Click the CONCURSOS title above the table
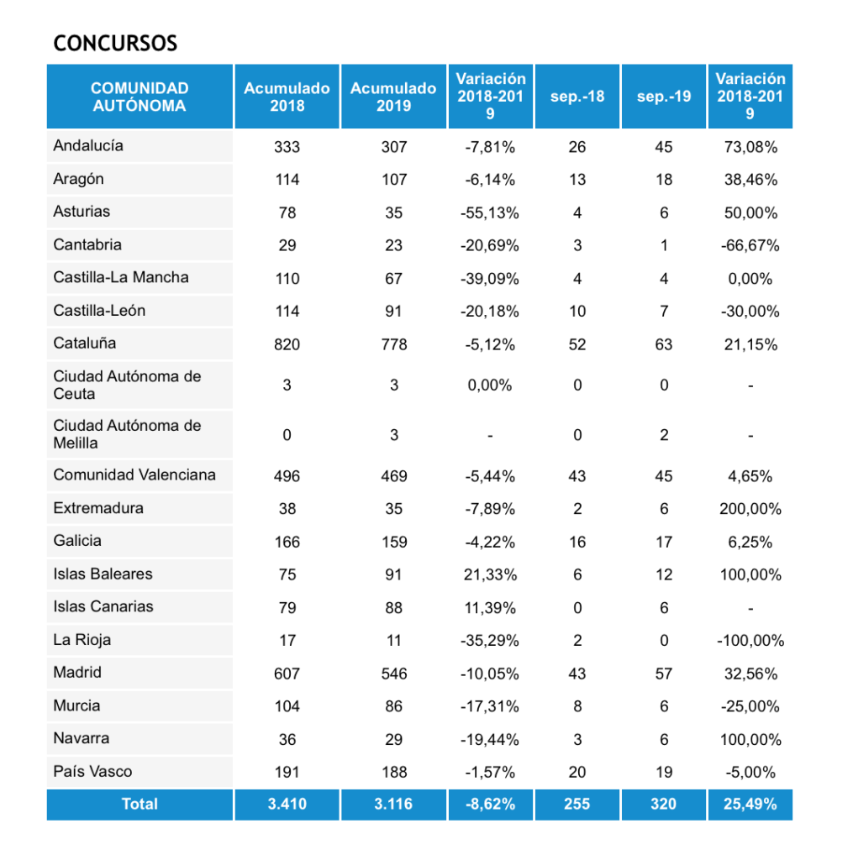point(115,44)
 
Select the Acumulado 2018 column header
point(287,97)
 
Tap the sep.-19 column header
point(664,97)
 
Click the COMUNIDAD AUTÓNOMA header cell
point(140,97)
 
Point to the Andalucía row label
point(88,145)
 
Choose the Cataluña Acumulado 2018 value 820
point(287,344)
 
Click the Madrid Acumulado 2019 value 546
point(393,674)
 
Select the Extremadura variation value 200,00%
point(750,509)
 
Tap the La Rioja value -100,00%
point(750,641)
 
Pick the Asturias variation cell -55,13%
point(490,212)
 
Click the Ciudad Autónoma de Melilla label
point(127,434)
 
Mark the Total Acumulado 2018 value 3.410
point(287,804)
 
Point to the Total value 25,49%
point(750,804)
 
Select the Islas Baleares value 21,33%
point(490,575)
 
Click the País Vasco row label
point(92,771)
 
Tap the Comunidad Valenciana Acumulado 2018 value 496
point(287,476)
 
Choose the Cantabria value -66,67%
point(750,245)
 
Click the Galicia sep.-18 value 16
point(577,542)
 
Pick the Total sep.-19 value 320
point(664,804)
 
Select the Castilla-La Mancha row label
point(121,277)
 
